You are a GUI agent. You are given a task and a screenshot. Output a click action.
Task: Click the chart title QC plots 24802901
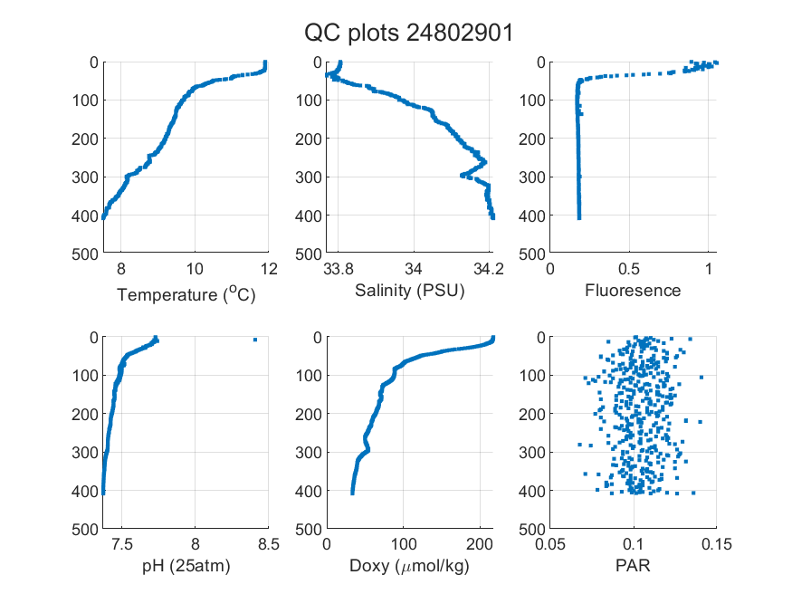point(408,34)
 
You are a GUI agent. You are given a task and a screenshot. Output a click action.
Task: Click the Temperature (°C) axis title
point(186,294)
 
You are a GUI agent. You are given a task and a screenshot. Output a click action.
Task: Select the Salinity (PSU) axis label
point(410,291)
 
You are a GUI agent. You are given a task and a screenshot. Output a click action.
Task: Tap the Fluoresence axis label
point(633,291)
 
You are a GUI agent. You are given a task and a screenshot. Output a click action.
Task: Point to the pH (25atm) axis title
point(186,566)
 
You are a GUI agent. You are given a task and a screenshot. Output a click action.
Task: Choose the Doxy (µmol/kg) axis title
point(410,566)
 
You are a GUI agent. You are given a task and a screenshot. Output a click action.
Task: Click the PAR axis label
point(633,565)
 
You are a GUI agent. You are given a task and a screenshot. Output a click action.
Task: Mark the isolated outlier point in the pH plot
point(255,340)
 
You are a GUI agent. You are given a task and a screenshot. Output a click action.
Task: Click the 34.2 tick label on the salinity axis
point(489,269)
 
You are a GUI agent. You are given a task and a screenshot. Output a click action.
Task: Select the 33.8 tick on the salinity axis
point(339,269)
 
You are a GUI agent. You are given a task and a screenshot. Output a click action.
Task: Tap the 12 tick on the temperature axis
point(269,269)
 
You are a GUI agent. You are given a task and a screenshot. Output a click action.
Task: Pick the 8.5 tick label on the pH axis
point(269,544)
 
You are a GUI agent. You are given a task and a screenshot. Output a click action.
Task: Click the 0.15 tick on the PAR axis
point(717,544)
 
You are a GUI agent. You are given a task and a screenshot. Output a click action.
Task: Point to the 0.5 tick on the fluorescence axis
point(629,269)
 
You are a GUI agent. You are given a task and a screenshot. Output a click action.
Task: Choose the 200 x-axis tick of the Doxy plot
point(479,544)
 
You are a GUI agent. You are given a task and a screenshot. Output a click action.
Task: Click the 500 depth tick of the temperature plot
point(85,254)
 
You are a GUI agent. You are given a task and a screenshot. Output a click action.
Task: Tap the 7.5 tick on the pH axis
point(121,544)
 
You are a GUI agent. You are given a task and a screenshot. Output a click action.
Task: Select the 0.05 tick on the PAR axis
point(549,544)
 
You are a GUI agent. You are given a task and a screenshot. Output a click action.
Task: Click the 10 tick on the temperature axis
point(195,269)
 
